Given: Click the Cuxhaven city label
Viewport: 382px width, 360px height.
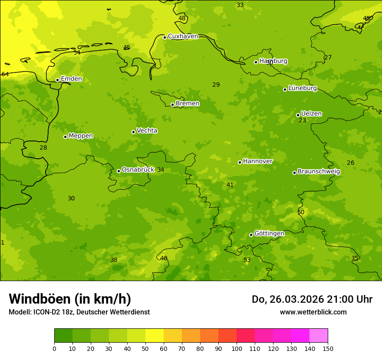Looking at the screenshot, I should (183, 36).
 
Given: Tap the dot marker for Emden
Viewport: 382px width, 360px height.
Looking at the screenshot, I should (57, 80).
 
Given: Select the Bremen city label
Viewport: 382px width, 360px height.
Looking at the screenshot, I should (188, 104).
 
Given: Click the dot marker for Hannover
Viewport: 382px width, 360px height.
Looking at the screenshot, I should (240, 162).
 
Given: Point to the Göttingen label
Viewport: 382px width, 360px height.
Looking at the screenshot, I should (269, 234).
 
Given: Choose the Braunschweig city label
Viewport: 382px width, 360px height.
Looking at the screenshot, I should (319, 172).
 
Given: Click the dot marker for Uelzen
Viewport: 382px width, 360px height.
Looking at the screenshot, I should (298, 115).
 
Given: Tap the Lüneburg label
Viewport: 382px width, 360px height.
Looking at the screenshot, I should (303, 88).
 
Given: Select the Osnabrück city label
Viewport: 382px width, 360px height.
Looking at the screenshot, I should (138, 170).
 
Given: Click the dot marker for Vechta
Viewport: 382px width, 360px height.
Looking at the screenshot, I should (133, 132).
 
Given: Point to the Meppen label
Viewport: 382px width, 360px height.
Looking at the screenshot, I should (81, 136).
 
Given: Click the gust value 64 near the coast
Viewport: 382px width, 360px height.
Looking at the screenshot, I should (5, 75).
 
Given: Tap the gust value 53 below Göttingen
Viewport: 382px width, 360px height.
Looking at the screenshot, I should (247, 260).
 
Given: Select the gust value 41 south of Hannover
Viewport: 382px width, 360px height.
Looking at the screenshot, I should (230, 185).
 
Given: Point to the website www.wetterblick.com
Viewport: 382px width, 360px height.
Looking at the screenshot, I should (313, 312).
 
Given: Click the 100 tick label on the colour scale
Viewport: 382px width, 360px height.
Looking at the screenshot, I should (237, 348).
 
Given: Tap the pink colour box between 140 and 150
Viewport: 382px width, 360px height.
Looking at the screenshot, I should (319, 336).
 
